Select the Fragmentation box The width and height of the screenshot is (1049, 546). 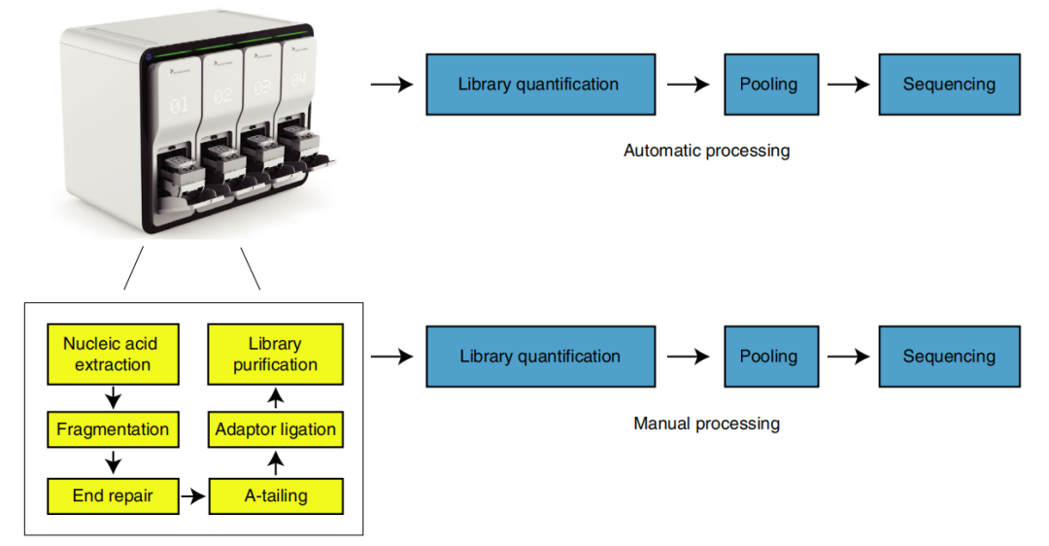coord(113,429)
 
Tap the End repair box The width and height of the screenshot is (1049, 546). coord(113,495)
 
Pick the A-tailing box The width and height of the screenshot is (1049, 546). coord(276,495)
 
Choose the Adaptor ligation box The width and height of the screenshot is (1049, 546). coord(276,429)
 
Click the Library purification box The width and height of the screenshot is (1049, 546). coord(276,355)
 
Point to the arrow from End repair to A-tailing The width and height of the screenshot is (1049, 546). coord(194,496)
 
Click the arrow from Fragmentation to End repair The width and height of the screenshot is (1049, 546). coord(114,462)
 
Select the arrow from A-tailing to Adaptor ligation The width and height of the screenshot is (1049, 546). coord(276,462)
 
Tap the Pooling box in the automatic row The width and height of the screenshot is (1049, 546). coord(768,85)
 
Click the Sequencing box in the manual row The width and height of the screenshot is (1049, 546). coord(949,357)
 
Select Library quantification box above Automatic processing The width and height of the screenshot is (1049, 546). coord(538,85)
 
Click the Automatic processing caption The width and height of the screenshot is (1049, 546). coord(706,151)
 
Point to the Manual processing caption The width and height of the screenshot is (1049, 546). coord(706,424)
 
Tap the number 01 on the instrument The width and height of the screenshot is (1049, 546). coord(180,106)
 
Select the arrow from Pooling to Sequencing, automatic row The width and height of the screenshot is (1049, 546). coord(848,85)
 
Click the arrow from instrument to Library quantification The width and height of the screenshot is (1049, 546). coord(391,85)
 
